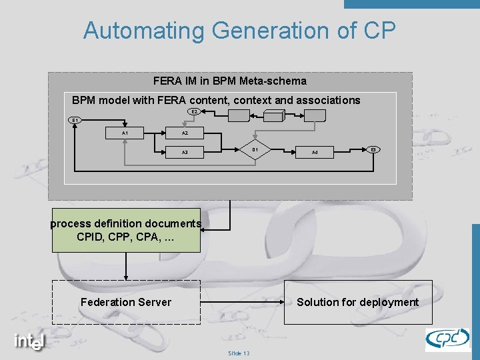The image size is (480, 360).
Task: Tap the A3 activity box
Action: [x=185, y=153]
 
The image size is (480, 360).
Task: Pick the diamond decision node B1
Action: [x=255, y=150]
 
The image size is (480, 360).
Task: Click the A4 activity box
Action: [x=315, y=153]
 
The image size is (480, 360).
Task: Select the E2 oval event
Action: [x=193, y=111]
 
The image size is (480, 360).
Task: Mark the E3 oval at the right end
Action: [x=374, y=149]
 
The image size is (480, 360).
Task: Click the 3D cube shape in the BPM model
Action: [x=274, y=116]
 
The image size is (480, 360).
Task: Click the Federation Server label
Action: [x=126, y=302]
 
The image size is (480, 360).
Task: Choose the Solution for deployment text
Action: [x=357, y=302]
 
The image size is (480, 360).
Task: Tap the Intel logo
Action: [x=30, y=341]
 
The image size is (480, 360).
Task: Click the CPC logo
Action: [x=447, y=339]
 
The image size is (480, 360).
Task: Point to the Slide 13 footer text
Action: [x=239, y=353]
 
